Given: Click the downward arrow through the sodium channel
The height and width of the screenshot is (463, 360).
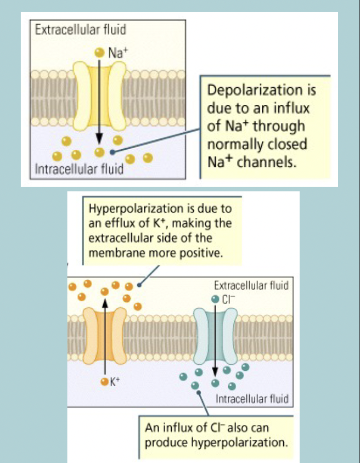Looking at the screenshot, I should coord(99,99).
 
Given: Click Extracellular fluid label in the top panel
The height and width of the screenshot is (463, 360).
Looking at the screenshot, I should coord(72,29).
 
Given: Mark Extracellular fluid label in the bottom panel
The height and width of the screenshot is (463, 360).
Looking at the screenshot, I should coord(251,286).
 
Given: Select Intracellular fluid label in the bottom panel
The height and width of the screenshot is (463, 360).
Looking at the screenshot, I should coord(252,399).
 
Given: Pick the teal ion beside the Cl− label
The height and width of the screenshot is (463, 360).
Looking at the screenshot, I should coord(215,300).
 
